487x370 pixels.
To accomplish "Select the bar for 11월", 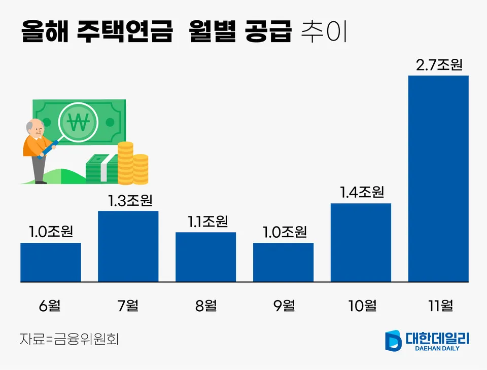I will click(x=438, y=178).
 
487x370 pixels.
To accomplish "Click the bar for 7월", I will click(x=128, y=246).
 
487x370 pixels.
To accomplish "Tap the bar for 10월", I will click(x=361, y=242).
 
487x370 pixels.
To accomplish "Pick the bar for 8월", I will click(x=205, y=256).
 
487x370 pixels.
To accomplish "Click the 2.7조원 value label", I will click(x=439, y=65).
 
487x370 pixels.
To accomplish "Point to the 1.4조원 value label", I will click(x=361, y=193).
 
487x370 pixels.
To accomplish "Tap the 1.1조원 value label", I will click(x=207, y=221).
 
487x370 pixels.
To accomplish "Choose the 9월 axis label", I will click(x=284, y=306).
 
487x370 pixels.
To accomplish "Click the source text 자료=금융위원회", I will click(x=69, y=339).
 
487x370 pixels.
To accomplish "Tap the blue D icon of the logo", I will click(x=393, y=340).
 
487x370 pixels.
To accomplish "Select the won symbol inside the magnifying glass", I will click(x=79, y=122).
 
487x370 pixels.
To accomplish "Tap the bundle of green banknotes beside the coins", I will click(x=101, y=168).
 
